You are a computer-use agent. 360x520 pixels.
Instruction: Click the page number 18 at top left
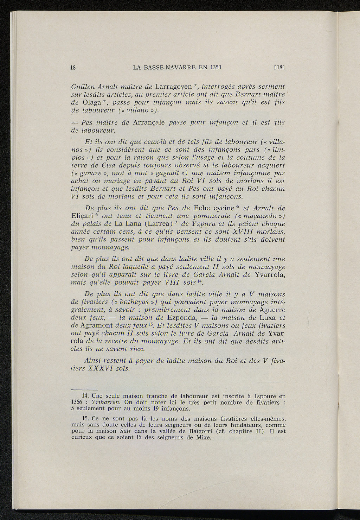74,68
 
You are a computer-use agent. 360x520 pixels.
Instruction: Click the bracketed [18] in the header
279,68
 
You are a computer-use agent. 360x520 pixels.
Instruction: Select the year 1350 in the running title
215,68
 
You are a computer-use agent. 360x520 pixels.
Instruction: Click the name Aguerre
272,310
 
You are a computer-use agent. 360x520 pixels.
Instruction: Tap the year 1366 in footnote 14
77,402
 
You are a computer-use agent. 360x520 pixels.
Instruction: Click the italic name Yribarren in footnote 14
106,402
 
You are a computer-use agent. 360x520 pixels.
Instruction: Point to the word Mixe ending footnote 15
201,437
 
